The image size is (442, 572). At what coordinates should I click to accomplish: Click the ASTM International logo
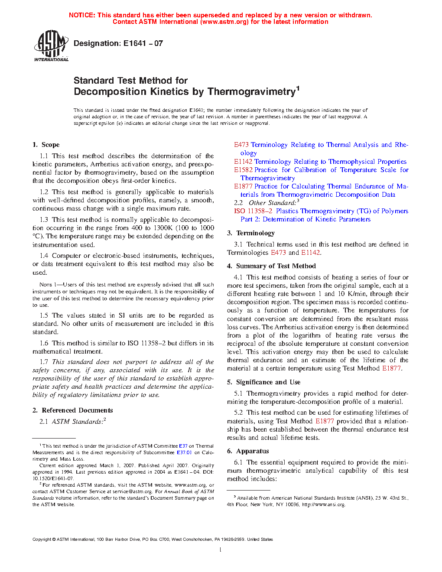click(51, 45)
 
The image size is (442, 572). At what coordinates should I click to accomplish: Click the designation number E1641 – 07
click(143, 43)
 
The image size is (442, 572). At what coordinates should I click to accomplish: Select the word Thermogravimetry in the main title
click(251, 92)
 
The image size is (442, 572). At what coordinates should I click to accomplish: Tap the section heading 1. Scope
click(46, 145)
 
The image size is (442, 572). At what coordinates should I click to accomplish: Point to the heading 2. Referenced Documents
click(73, 410)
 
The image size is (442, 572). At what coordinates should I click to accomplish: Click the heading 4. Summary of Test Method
click(271, 266)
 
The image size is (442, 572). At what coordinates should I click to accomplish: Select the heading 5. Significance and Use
click(263, 382)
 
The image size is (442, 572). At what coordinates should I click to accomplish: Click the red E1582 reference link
click(243, 170)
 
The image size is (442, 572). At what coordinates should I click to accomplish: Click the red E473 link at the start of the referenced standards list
click(241, 145)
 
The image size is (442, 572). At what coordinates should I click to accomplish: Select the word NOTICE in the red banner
click(81, 15)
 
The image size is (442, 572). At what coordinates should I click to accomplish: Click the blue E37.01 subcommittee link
click(184, 452)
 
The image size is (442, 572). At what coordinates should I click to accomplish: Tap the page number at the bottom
click(221, 550)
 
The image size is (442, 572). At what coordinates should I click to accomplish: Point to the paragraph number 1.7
click(44, 362)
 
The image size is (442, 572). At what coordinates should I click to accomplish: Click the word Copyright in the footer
click(42, 539)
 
